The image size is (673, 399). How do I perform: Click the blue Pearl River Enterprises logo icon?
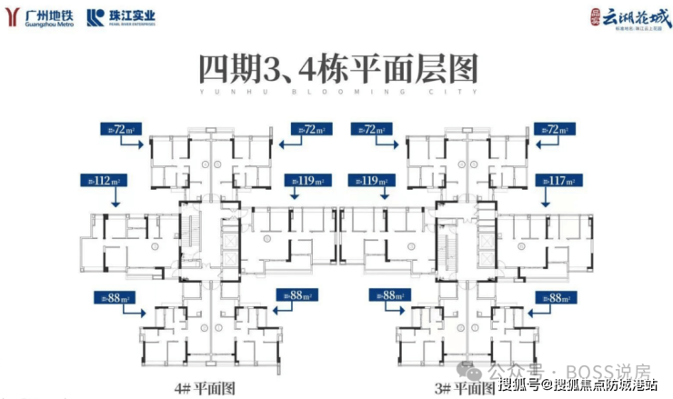[x=95, y=16]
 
